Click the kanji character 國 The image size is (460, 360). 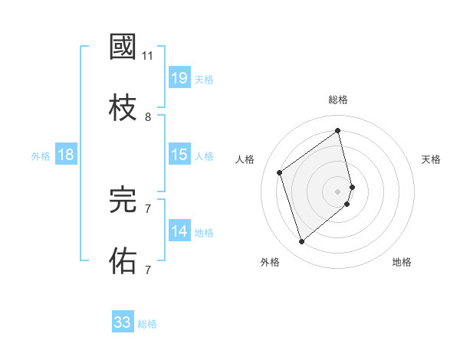(x=123, y=47)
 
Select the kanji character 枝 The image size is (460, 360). (x=123, y=108)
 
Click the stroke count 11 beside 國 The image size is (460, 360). (x=148, y=56)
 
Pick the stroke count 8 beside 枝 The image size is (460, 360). (x=148, y=116)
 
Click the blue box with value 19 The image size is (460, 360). (x=179, y=78)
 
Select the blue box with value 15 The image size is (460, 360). (x=179, y=155)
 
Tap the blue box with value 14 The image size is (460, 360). (x=179, y=231)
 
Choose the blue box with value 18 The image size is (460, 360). (x=66, y=155)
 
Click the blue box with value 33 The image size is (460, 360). (x=123, y=322)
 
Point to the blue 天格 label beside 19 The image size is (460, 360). (x=204, y=80)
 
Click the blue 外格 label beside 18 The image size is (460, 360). (x=41, y=156)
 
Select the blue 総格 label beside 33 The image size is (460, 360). (x=147, y=324)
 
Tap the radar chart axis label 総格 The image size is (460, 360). (x=338, y=100)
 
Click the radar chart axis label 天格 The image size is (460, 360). (x=431, y=159)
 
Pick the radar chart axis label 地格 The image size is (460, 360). (x=402, y=262)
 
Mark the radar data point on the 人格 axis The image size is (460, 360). (x=280, y=172)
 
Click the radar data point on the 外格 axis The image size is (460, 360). (x=301, y=242)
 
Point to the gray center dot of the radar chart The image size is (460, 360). (x=338, y=190)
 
